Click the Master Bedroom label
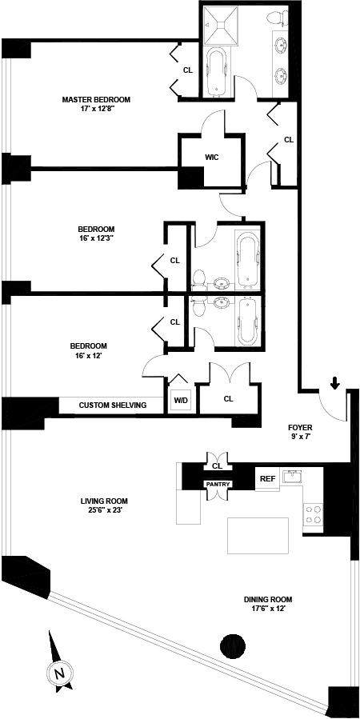click(x=96, y=99)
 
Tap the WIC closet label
click(x=211, y=158)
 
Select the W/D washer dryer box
click(x=179, y=398)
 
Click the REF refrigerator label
click(x=267, y=479)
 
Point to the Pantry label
click(x=218, y=484)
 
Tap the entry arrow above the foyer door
click(x=335, y=383)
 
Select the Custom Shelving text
click(x=113, y=405)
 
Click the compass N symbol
click(x=59, y=673)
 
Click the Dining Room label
click(x=268, y=599)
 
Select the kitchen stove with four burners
click(x=313, y=514)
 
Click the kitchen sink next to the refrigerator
click(x=292, y=477)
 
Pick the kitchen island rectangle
click(x=258, y=536)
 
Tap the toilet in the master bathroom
click(x=276, y=18)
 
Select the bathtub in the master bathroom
click(x=217, y=73)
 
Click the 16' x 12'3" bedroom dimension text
click(x=96, y=238)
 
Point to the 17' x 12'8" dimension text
click(x=96, y=110)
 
